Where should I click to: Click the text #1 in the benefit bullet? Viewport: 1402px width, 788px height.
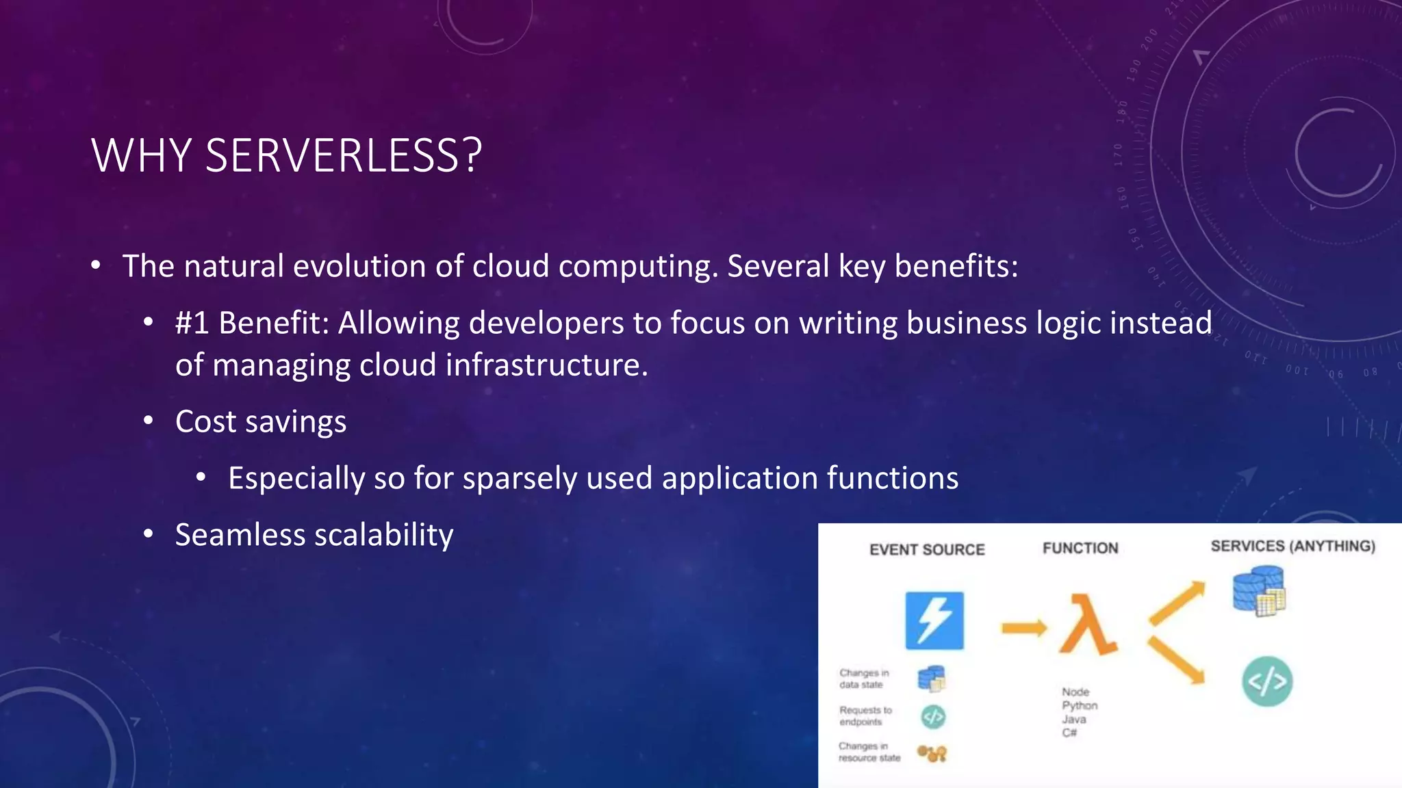[192, 323]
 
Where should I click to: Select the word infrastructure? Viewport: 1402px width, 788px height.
[546, 365]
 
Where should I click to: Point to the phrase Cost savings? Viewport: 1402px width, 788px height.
[261, 422]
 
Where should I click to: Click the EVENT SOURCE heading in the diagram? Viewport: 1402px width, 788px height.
[927, 550]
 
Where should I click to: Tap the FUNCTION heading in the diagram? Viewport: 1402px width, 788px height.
[1080, 549]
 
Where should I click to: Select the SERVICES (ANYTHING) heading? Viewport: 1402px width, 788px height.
[1292, 547]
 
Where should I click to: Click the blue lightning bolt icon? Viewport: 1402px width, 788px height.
[934, 620]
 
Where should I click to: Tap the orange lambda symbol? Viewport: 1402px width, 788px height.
[1088, 625]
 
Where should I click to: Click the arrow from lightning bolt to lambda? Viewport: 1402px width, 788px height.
[1024, 628]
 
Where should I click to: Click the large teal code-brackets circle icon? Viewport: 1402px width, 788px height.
[1267, 681]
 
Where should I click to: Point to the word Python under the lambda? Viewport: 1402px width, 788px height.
[1080, 706]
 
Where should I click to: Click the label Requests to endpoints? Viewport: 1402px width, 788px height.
[865, 716]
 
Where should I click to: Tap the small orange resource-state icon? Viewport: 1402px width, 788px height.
[932, 754]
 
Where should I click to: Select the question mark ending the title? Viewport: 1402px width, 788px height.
[473, 156]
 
